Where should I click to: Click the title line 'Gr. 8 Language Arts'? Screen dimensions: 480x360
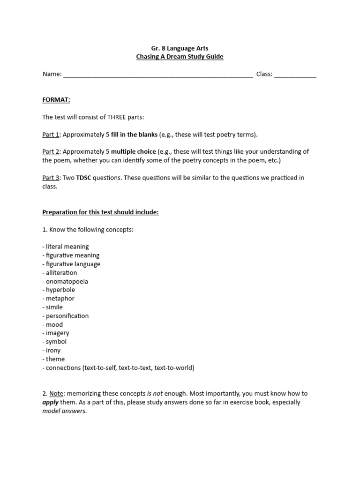[x=180, y=48]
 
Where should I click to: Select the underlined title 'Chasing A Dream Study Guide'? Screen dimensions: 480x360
[x=180, y=57]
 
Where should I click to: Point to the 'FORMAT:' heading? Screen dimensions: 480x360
[x=56, y=100]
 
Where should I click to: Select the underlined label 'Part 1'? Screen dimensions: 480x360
[x=51, y=135]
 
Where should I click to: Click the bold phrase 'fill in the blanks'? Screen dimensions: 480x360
[x=134, y=135]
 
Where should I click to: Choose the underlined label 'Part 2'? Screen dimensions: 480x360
[x=51, y=152]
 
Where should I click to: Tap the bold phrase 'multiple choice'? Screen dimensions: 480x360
[x=133, y=152]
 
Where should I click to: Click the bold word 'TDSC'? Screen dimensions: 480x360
[x=83, y=178]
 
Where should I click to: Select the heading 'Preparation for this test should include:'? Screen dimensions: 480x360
[x=100, y=212]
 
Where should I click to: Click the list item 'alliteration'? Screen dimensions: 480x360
[x=61, y=273]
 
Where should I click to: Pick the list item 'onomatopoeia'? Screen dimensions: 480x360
[x=67, y=281]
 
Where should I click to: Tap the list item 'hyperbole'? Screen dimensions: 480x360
[x=60, y=290]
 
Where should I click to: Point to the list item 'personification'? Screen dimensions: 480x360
[x=67, y=316]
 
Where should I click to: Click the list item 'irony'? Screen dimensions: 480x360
[x=53, y=351]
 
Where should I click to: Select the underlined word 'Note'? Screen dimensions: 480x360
[x=56, y=394]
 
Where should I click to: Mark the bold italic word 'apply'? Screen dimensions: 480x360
[x=50, y=403]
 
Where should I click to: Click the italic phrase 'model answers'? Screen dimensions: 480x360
[x=64, y=411]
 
